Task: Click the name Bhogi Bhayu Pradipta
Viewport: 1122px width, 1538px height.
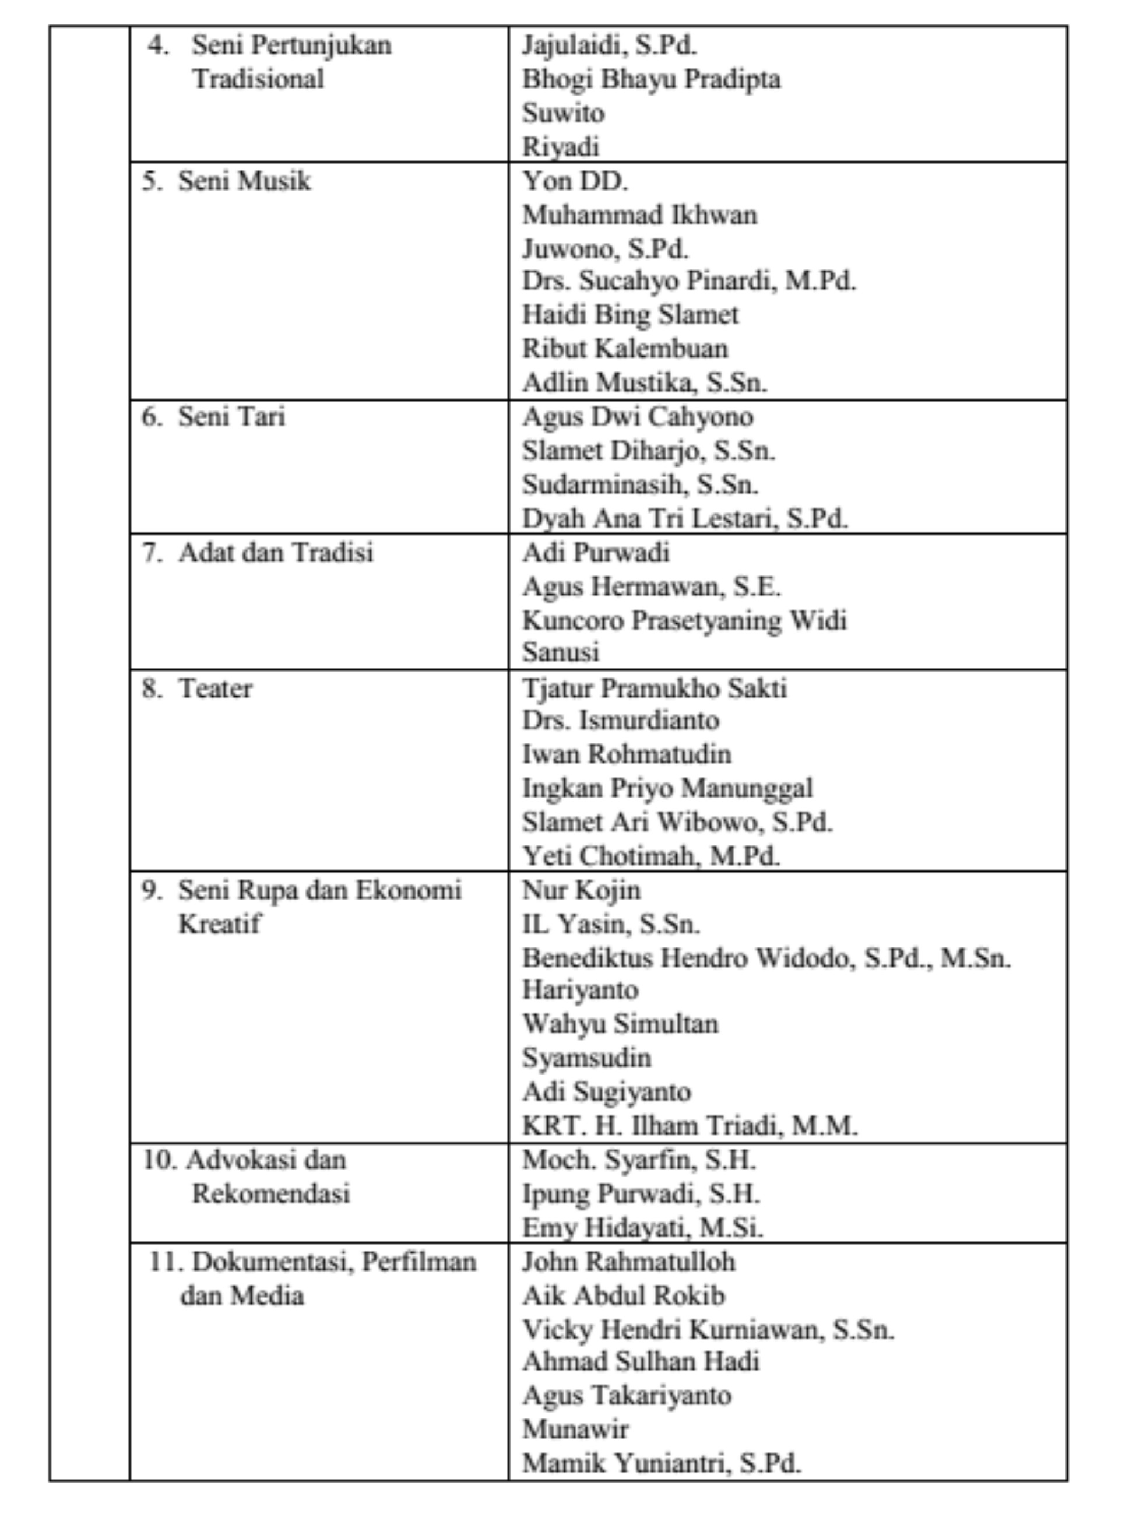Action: click(x=650, y=79)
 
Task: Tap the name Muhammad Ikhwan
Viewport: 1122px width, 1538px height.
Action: click(x=639, y=215)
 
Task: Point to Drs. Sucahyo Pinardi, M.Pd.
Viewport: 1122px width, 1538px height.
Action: click(x=689, y=280)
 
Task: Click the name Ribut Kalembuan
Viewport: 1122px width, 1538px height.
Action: click(x=625, y=348)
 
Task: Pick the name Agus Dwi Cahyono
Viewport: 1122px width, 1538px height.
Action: click(x=637, y=416)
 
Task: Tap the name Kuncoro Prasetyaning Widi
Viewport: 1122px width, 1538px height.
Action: click(x=684, y=620)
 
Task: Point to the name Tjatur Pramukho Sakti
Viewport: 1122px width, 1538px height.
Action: click(x=654, y=688)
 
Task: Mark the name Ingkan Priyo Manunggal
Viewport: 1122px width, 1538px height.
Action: click(x=667, y=788)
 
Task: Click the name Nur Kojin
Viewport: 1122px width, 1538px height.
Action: click(x=581, y=890)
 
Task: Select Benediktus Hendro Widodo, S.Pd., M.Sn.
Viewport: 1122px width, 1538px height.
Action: click(x=766, y=958)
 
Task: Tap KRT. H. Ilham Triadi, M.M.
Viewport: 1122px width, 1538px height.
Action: click(x=690, y=1126)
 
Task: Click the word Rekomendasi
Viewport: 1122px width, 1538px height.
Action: click(x=270, y=1193)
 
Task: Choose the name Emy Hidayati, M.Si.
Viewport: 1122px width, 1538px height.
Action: click(x=642, y=1228)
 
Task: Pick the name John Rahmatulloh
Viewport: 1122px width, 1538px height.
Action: click(x=628, y=1262)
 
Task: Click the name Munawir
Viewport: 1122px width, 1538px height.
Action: click(x=575, y=1430)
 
